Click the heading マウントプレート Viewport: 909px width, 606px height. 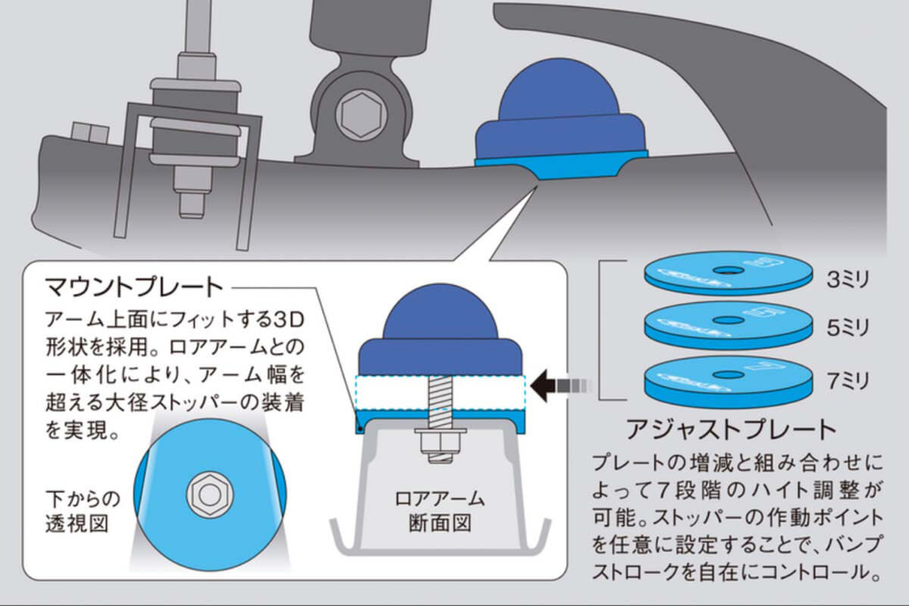pos(135,288)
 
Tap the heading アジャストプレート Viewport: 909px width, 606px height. pos(731,430)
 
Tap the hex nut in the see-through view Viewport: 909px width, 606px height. pos(207,495)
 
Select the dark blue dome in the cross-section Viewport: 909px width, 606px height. pos(440,326)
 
